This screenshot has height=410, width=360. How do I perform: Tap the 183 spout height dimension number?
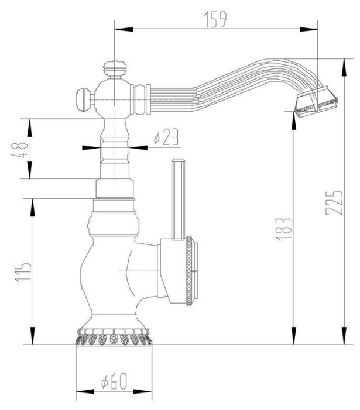(285, 229)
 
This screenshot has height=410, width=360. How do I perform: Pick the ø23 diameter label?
(166, 138)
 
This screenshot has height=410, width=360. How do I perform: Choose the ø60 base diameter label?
(114, 383)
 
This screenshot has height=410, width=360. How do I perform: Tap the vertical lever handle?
(178, 196)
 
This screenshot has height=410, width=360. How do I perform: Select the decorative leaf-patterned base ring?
(114, 339)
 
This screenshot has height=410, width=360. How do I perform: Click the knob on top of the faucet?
(115, 69)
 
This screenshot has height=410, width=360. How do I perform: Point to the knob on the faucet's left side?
(83, 99)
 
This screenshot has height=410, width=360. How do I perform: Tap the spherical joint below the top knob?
(115, 98)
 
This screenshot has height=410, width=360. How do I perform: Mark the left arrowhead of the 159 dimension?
(117, 27)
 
